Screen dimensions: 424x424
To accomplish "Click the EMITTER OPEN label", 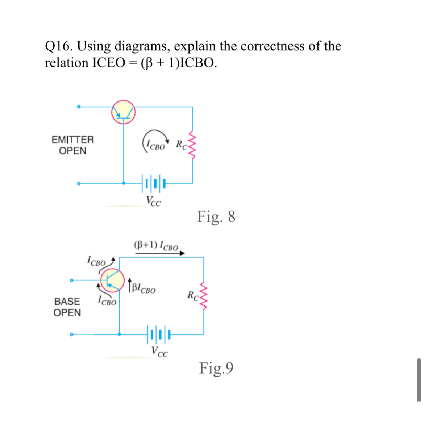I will [x=72, y=145].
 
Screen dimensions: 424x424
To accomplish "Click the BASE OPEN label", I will [x=67, y=307].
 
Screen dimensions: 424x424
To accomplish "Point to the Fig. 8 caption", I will [x=216, y=217].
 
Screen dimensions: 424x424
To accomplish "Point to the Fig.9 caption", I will [x=216, y=368].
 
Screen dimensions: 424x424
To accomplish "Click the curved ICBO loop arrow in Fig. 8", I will [x=156, y=139].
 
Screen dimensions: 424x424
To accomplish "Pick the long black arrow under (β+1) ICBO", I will [x=160, y=253].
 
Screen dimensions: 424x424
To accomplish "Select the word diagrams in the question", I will [x=141, y=46].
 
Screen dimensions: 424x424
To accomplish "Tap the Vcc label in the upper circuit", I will [x=153, y=201].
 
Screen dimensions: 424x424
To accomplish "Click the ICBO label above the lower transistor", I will [x=96, y=261].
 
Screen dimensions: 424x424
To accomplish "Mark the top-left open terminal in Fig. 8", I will [x=78, y=107].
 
